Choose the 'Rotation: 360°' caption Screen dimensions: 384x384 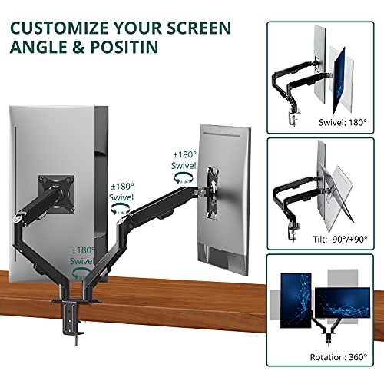click(x=337, y=356)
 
